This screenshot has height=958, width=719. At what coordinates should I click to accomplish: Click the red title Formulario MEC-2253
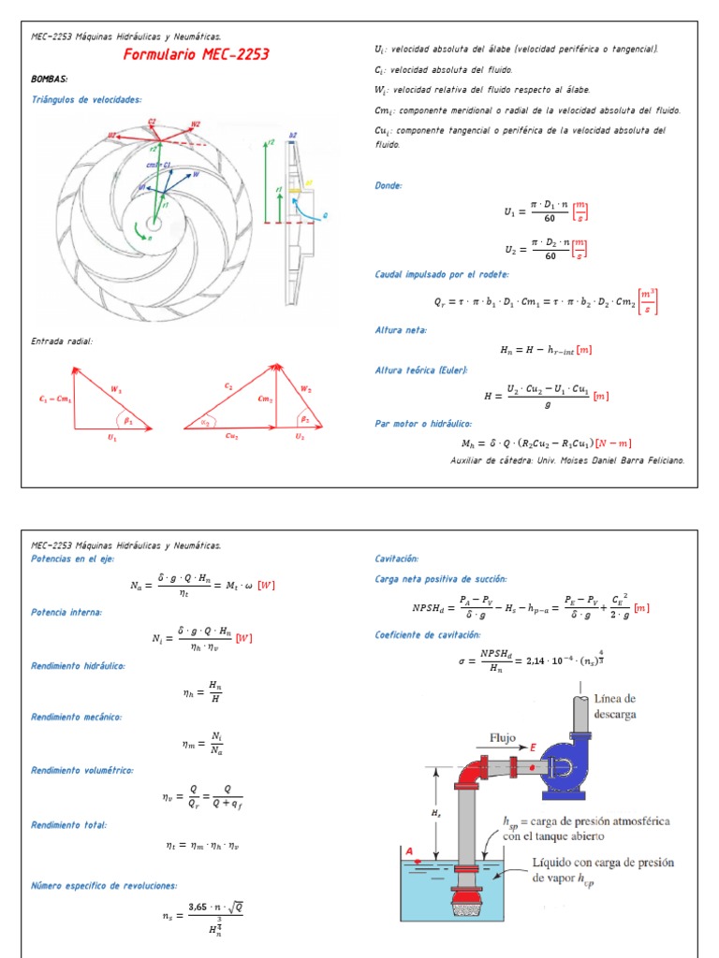[x=196, y=55]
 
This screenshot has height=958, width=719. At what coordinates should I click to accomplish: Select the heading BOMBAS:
[x=50, y=80]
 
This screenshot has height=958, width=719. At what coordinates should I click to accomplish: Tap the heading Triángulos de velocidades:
[x=86, y=99]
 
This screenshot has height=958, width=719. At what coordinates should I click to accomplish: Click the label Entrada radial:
[x=62, y=341]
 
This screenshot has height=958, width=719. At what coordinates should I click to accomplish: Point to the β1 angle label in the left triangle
[x=128, y=421]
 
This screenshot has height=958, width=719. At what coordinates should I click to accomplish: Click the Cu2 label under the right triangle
[x=231, y=436]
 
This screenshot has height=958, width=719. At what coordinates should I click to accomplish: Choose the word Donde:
[x=389, y=185]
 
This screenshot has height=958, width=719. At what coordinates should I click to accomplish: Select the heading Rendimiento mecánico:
[x=77, y=718]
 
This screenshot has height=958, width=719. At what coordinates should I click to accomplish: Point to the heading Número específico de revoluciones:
[x=103, y=884]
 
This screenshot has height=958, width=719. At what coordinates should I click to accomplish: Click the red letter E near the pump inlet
[x=533, y=748]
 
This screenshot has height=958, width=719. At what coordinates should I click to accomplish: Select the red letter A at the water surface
[x=410, y=849]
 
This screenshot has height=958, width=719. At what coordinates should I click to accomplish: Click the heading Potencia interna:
[x=66, y=612]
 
